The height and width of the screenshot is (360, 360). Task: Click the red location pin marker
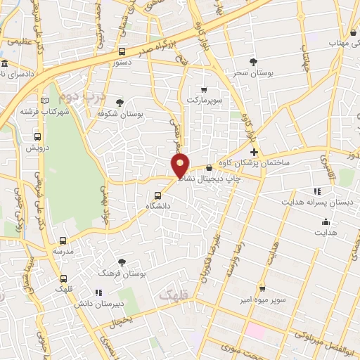pyautogui.click(x=181, y=165)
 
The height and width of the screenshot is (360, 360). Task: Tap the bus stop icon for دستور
pyautogui.click(x=122, y=51)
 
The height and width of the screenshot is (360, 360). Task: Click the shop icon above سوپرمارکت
pyautogui.click(x=204, y=89)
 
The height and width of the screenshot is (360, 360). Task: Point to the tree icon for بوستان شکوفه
pyautogui.click(x=119, y=103)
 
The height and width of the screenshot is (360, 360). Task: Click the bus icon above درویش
pyautogui.click(x=37, y=137)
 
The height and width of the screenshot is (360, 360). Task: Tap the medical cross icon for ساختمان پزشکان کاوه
pyautogui.click(x=254, y=152)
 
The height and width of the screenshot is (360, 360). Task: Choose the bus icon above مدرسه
pyautogui.click(x=63, y=240)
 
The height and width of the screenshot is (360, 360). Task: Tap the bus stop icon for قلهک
pyautogui.click(x=64, y=278)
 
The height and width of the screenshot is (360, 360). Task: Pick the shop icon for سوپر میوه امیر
pyautogui.click(x=262, y=288)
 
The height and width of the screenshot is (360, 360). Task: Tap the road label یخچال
pyautogui.click(x=120, y=320)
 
